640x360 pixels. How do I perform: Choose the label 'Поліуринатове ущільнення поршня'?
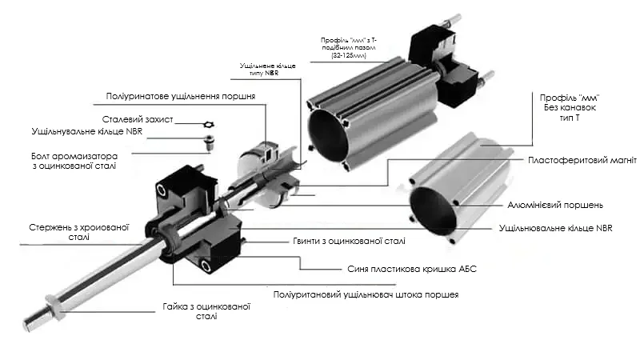tap(181, 97)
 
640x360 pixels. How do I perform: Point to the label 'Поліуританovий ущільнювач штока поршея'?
tap(366, 294)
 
